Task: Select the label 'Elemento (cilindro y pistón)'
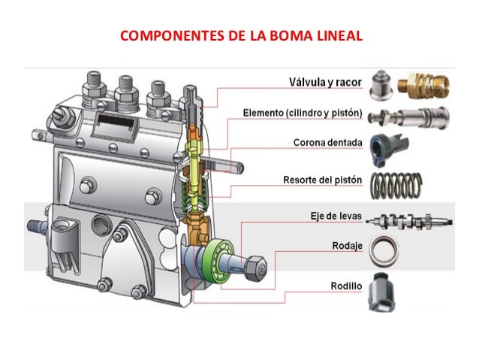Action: (x=303, y=113)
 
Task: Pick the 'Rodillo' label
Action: (x=346, y=286)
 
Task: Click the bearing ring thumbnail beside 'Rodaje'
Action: (x=385, y=251)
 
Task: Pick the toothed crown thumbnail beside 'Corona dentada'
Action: (x=387, y=144)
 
